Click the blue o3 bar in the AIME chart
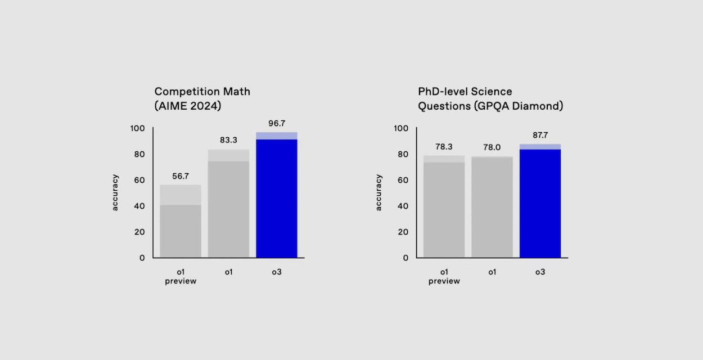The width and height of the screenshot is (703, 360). pos(276,200)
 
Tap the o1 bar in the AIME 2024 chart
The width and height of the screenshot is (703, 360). pos(228,208)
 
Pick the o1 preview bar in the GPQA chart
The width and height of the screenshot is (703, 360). pos(444,208)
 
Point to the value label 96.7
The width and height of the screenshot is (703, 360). pos(276,123)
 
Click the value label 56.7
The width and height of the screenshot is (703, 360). pos(181,175)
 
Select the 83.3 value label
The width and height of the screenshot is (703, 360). pos(228,140)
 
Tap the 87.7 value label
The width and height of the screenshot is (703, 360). pos(540,135)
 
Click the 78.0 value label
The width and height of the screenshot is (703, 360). pos(492,147)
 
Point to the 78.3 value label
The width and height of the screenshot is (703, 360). pos(444,146)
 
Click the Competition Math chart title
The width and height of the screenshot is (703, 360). pos(202,98)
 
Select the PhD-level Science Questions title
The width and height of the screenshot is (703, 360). pos(490,98)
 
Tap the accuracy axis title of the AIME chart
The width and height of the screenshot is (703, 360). pos(115,192)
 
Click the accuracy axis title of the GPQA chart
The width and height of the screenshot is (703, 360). pos(378,192)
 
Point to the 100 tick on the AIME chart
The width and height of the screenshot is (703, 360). pos(138,128)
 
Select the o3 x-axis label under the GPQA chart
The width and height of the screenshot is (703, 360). pos(540,272)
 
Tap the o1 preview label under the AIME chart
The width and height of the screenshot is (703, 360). pos(181,276)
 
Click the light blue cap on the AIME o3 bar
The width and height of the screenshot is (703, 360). pos(276,136)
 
